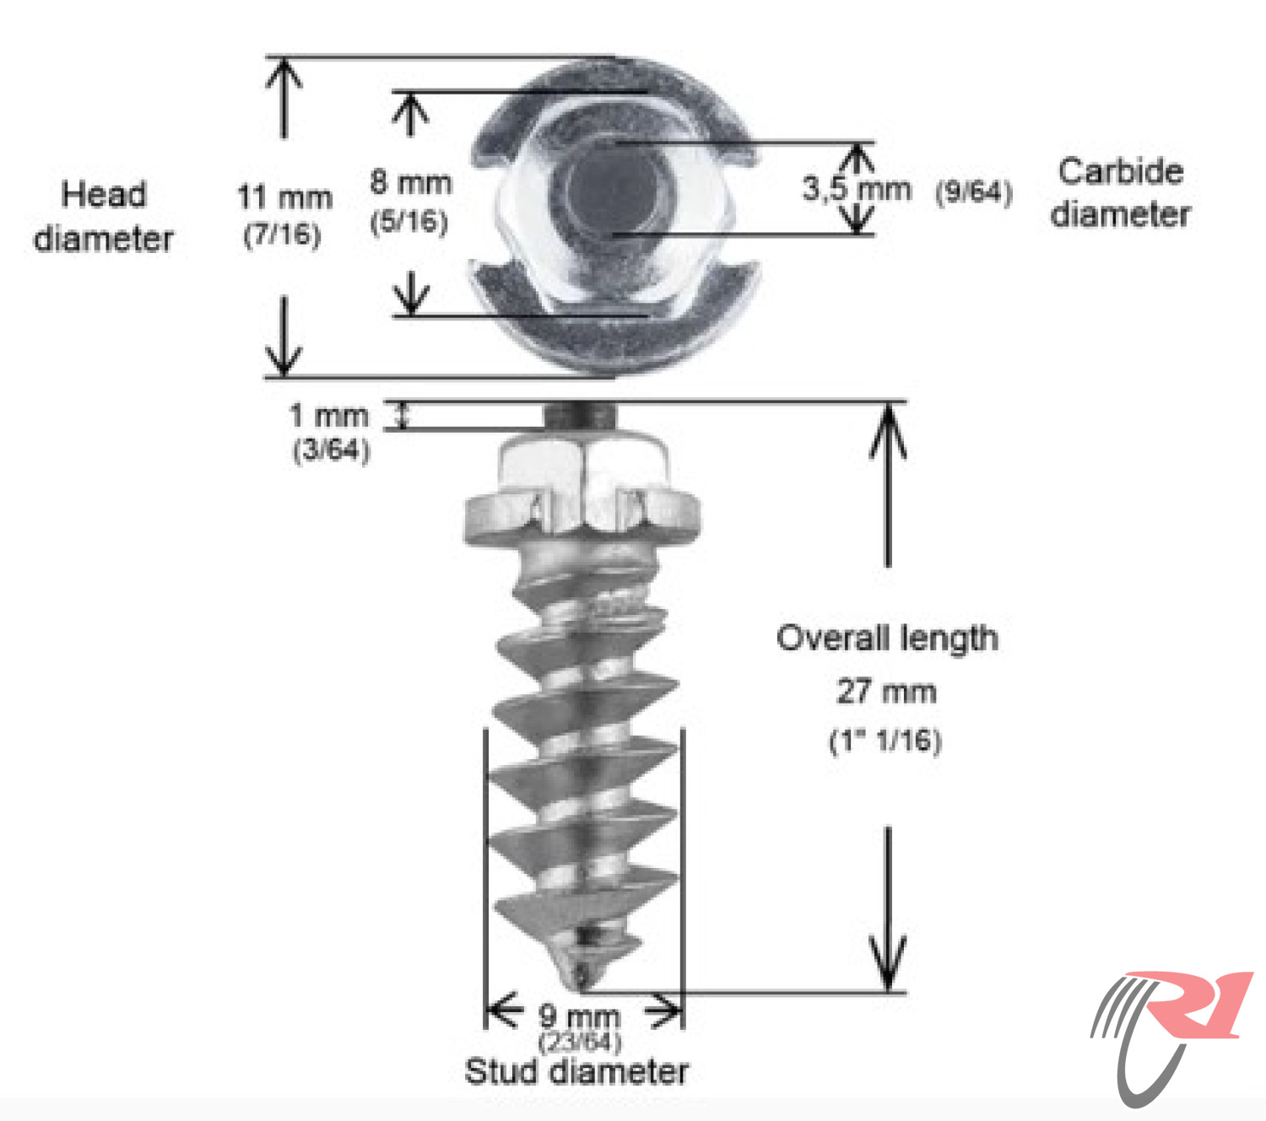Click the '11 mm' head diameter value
pos(284,197)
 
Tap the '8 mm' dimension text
pos(410,183)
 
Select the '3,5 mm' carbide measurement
pos(856,189)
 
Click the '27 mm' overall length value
pos(886,692)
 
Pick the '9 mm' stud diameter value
pos(579,1016)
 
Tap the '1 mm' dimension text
pos(329,416)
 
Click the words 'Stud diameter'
pos(576,1072)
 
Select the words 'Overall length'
pos(887,639)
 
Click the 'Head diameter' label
pos(104,216)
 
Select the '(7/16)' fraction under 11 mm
pos(283,234)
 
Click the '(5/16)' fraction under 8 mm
pos(409,222)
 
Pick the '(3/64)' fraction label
pos(331,450)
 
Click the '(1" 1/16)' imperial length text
pos(885,741)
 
